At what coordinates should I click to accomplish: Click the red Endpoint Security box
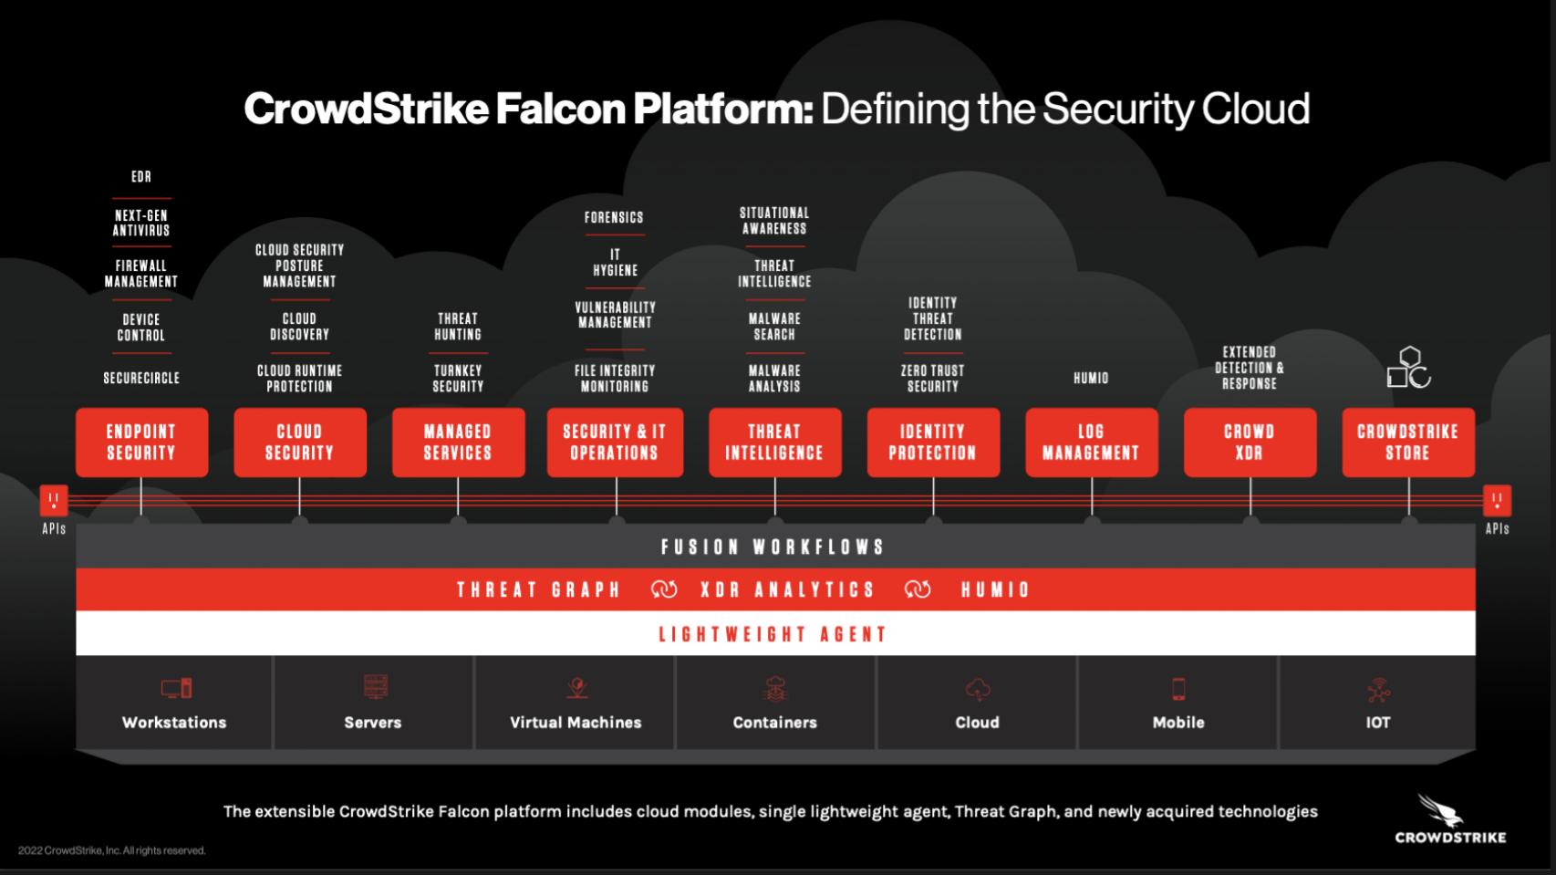pyautogui.click(x=141, y=443)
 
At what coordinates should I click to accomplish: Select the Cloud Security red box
pyautogui.click(x=299, y=443)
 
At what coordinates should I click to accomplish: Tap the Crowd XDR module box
pyautogui.click(x=1249, y=443)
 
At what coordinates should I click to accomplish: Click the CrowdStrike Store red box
pyautogui.click(x=1407, y=443)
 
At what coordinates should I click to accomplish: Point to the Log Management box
pyautogui.click(x=1091, y=443)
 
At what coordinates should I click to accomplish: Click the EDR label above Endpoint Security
pyautogui.click(x=141, y=177)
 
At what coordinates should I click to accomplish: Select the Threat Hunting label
pyautogui.click(x=458, y=327)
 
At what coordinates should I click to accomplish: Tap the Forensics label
pyautogui.click(x=614, y=217)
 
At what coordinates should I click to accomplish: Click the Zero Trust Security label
pyautogui.click(x=932, y=379)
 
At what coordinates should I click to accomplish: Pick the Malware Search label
pyautogui.click(x=774, y=327)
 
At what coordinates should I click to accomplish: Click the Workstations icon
pyautogui.click(x=176, y=688)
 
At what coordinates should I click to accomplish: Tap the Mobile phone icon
pyautogui.click(x=1178, y=689)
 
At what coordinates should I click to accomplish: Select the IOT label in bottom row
pyautogui.click(x=1377, y=723)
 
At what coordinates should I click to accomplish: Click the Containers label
pyautogui.click(x=774, y=723)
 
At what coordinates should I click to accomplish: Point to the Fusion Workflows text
pyautogui.click(x=773, y=547)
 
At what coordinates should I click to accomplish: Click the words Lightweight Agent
pyautogui.click(x=773, y=634)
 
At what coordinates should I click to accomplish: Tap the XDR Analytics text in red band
pyautogui.click(x=787, y=590)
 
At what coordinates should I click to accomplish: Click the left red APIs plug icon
pyautogui.click(x=54, y=500)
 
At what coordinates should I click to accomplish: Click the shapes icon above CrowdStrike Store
pyautogui.click(x=1408, y=368)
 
